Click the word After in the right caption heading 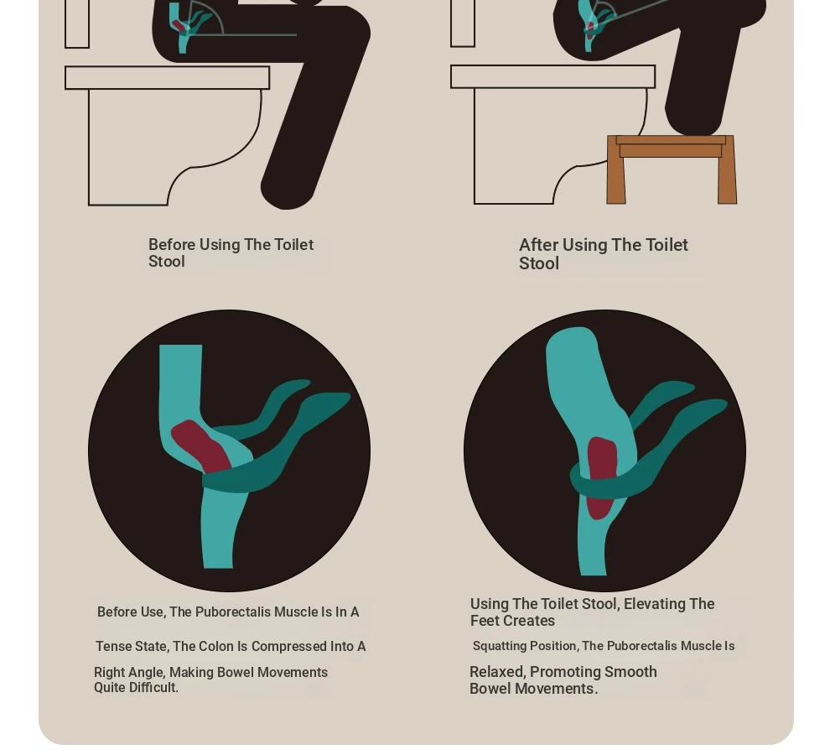[x=538, y=245]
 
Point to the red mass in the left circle [x=201, y=446]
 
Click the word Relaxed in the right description [x=497, y=672]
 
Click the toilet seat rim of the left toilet [x=168, y=77]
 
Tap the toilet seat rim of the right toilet [x=553, y=76]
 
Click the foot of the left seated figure [x=288, y=190]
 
